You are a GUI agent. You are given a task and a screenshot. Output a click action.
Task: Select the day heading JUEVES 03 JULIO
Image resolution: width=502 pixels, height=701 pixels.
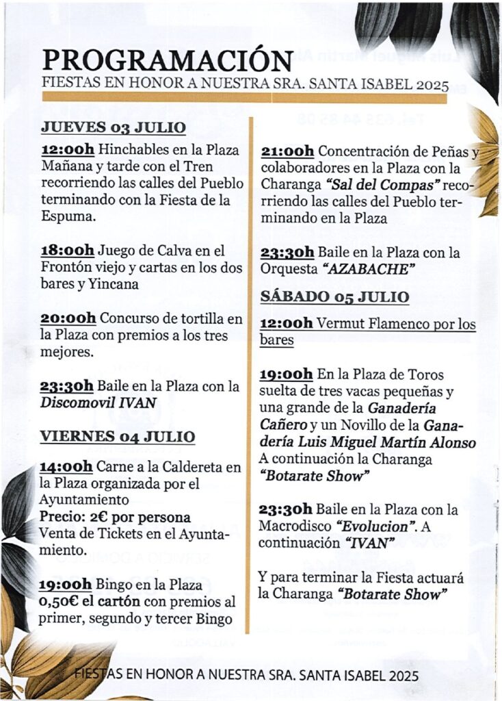coord(114,127)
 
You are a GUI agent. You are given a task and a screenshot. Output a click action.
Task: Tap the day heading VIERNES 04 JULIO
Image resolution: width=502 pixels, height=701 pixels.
coord(118,437)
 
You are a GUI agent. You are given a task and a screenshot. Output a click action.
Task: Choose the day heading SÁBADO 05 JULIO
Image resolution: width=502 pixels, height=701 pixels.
coord(334,296)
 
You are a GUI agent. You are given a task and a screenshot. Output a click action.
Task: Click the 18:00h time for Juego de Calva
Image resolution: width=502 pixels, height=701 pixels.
coord(68,251)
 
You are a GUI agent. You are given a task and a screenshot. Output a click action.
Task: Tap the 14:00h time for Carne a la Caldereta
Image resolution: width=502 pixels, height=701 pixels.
coord(66,468)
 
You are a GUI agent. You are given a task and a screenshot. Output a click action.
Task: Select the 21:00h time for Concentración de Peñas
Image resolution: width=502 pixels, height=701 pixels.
coord(287,151)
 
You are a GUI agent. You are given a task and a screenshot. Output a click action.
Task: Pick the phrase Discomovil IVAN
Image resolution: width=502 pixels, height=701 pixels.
coord(98,403)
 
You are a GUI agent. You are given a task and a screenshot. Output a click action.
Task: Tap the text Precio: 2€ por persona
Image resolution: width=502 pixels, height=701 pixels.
coord(115,517)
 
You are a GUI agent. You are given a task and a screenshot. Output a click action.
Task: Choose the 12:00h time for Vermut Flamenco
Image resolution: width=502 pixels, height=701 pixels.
coord(287,324)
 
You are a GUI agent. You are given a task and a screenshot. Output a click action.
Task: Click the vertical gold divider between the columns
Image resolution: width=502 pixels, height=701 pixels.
coord(251,377)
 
